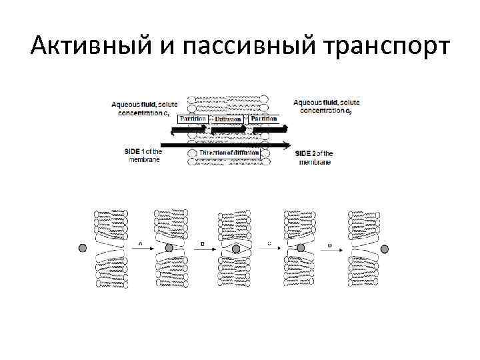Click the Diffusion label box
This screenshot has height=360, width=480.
227,119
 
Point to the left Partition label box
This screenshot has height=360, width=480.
193,119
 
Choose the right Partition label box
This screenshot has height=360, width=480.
264,119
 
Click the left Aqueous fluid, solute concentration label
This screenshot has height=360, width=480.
145,109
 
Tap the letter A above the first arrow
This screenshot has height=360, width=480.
139,243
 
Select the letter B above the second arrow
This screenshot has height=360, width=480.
203,243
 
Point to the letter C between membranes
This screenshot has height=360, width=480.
268,243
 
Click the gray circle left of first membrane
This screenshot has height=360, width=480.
83,248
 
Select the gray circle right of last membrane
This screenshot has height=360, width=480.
385,248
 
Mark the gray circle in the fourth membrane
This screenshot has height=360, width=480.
301,248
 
